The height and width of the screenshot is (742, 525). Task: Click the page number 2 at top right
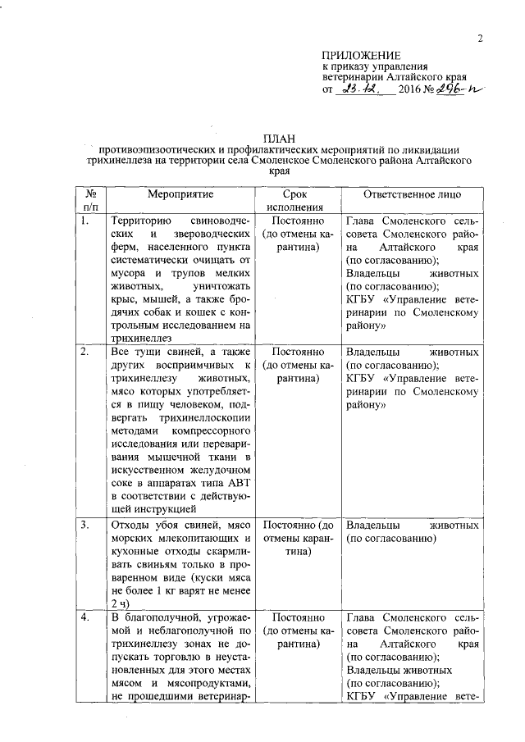pos(482,38)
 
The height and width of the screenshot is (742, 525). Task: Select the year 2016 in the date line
pos(409,89)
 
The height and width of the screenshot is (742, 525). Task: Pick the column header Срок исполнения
pos(294,201)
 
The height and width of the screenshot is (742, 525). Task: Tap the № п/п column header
pos(90,201)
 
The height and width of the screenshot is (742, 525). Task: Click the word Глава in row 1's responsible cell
pos(363,221)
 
